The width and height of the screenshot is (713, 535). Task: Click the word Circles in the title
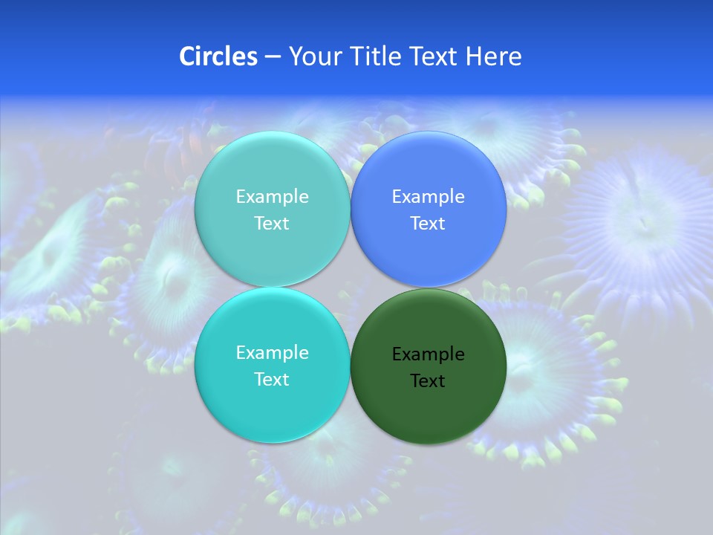point(218,56)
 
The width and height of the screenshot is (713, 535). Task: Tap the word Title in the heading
point(374,56)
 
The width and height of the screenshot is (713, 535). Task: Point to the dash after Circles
point(273,57)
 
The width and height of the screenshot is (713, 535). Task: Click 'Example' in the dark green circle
point(429,354)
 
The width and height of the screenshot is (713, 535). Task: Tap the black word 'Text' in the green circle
point(428,381)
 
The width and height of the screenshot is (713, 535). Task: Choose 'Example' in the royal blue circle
point(429,197)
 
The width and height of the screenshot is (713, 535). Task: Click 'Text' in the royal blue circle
point(428,224)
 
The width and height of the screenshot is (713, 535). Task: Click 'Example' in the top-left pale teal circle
point(273,197)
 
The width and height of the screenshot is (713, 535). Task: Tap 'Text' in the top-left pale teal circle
point(272,224)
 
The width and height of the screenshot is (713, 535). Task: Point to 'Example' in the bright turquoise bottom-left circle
point(273,353)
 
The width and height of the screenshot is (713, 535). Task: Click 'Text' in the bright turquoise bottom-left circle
point(272,380)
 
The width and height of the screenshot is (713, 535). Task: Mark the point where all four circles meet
point(351,288)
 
